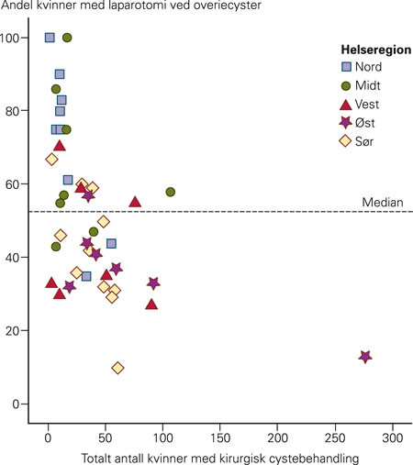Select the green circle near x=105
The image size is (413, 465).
(171, 192)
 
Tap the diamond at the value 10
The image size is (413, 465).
(117, 368)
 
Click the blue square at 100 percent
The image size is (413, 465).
(50, 38)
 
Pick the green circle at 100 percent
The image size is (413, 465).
(67, 38)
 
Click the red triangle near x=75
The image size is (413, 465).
(135, 202)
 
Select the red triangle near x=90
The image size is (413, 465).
(151, 304)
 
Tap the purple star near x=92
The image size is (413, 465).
(153, 283)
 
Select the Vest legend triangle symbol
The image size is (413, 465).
(347, 105)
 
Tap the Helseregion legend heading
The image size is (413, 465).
(371, 50)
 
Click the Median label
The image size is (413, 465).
(380, 203)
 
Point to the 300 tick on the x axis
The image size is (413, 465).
(393, 437)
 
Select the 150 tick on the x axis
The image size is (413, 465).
(220, 437)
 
